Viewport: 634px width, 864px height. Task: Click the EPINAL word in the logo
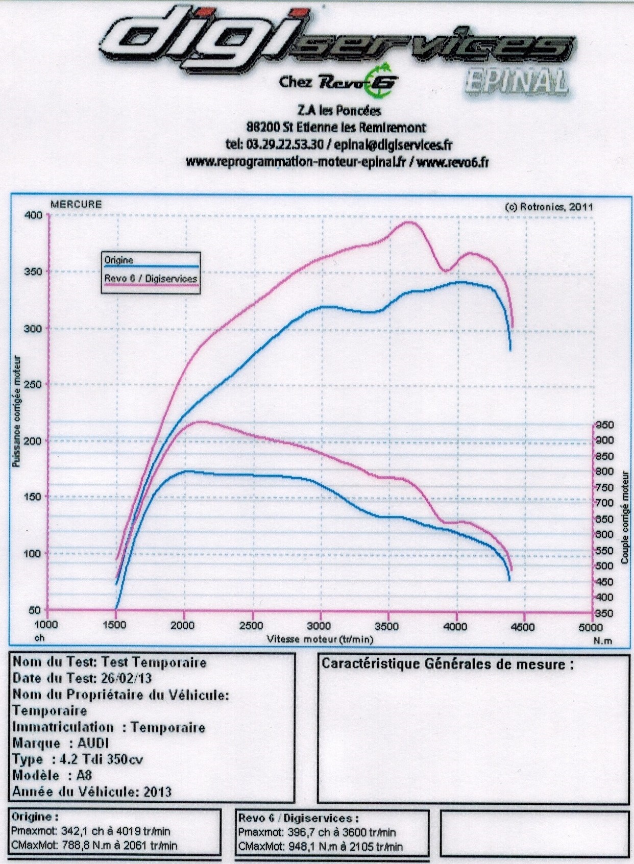pos(516,82)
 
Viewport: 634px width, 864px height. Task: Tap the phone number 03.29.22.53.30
pos(284,145)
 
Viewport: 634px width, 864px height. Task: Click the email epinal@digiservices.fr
pos(393,145)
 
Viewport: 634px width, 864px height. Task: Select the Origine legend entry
pos(119,260)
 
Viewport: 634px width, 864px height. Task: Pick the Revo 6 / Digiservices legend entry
pos(151,279)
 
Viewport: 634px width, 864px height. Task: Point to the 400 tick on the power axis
pos(33,215)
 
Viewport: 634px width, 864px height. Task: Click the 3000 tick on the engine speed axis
pos(319,626)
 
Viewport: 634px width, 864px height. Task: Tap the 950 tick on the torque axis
pos(605,425)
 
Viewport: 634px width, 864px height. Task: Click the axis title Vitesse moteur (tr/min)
pos(320,639)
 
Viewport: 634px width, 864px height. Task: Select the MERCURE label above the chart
pos(76,205)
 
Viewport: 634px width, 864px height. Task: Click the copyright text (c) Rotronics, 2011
pos(549,207)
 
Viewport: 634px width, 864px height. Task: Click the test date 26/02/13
pos(126,678)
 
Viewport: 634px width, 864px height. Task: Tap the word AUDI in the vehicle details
pos(93,743)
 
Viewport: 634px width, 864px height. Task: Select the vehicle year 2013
pos(157,792)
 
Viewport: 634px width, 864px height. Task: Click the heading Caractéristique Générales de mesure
pos(447,664)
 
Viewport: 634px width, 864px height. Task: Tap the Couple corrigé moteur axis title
pos(624,517)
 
